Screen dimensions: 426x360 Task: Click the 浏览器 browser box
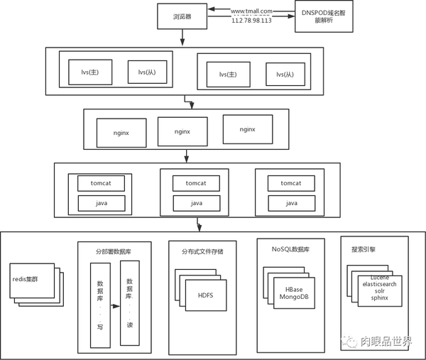pos(182,16)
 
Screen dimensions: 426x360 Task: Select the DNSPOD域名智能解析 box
pos(324,16)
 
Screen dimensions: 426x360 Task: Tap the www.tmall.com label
pos(251,11)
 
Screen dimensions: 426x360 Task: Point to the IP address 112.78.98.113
pos(251,21)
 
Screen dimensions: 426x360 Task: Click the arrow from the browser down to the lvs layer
pos(182,37)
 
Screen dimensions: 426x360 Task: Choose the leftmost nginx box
pos(121,133)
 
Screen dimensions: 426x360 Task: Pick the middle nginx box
pos(182,131)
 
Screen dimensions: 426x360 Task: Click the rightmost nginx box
pos(248,129)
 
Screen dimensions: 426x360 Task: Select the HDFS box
pos(206,295)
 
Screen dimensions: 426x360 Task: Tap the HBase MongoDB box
pos(294,293)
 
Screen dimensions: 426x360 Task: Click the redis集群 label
pos(26,279)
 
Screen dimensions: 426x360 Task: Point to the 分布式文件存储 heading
pos(202,251)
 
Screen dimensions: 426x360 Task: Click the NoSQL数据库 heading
pos(290,249)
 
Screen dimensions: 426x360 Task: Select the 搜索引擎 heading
pos(364,249)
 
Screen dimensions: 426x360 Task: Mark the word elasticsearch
pos(380,284)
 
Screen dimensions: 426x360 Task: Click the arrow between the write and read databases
pos(115,306)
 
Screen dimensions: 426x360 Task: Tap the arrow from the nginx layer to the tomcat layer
pos(186,156)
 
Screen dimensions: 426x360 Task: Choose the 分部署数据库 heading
pos(114,251)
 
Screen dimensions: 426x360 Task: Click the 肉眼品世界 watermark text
pos(386,342)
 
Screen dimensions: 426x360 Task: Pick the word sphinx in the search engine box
pos(380,298)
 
